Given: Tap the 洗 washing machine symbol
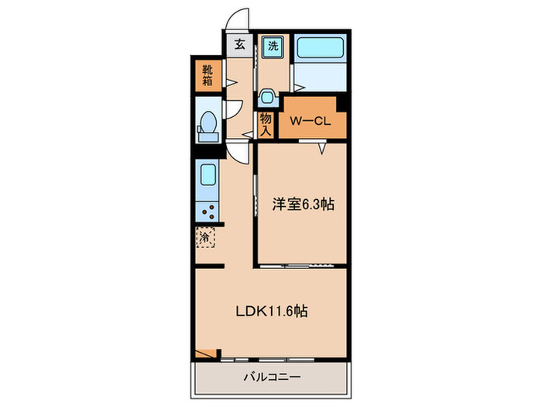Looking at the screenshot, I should click(x=273, y=46).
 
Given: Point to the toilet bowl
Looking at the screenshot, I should click(x=208, y=125).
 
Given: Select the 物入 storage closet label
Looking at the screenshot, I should click(x=266, y=124).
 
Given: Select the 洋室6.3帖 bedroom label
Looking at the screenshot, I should click(x=302, y=205).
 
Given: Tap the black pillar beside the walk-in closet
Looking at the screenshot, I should click(x=342, y=102).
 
